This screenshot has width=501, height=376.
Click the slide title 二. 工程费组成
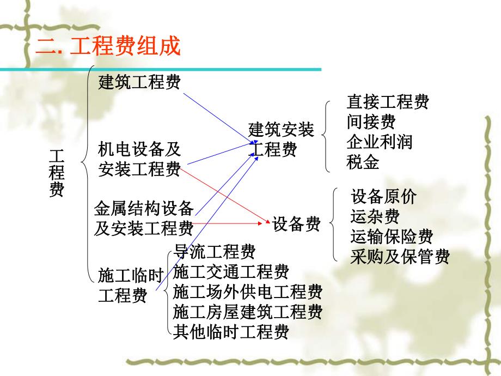tap(108, 46)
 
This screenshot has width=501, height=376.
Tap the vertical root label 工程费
tap(57, 173)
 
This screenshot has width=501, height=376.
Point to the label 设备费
tap(297, 223)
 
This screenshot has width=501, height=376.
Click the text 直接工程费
tap(388, 101)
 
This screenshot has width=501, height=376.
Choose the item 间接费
tap(371, 121)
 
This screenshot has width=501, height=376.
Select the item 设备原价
tap(383, 196)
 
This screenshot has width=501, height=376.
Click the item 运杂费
tap(375, 216)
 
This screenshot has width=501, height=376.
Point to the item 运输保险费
tap(392, 236)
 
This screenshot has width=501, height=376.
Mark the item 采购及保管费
tap(400, 257)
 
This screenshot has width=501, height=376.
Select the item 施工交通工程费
tap(231, 271)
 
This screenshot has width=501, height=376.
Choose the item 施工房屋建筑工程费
tap(248, 312)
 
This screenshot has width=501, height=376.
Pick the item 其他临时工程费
tap(231, 331)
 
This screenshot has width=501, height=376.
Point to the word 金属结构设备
tap(144, 208)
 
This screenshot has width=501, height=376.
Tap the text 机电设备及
tap(139, 149)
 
